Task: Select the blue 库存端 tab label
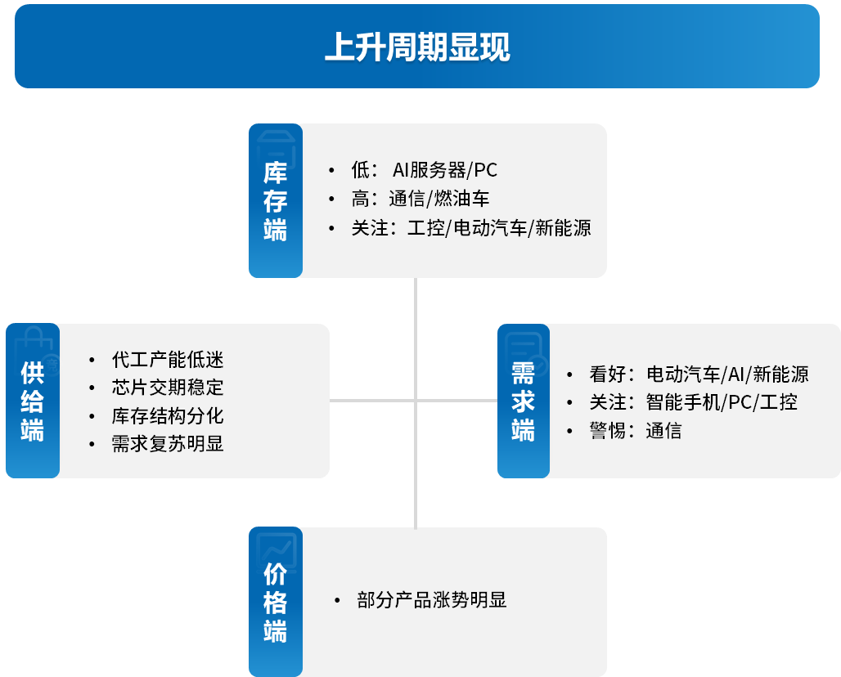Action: pyautogui.click(x=275, y=201)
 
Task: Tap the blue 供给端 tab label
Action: pyautogui.click(x=32, y=402)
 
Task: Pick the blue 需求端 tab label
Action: pyautogui.click(x=523, y=402)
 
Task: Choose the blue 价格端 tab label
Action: pyautogui.click(x=275, y=603)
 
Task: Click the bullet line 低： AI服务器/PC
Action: pyautogui.click(x=424, y=170)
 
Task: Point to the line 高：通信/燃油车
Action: pyautogui.click(x=420, y=199)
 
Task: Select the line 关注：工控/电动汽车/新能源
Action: pyautogui.click(x=470, y=227)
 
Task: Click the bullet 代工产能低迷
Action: pyautogui.click(x=168, y=360)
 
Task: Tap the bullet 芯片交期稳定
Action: pyautogui.click(x=168, y=388)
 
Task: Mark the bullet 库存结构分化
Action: pyautogui.click(x=168, y=416)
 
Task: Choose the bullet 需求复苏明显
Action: pyautogui.click(x=168, y=444)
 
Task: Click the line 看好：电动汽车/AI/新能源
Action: pyautogui.click(x=699, y=374)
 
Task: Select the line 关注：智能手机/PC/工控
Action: pyautogui.click(x=693, y=402)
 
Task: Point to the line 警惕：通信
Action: pyautogui.click(x=635, y=431)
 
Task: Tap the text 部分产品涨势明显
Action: pyautogui.click(x=432, y=600)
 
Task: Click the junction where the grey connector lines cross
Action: pyautogui.click(x=416, y=401)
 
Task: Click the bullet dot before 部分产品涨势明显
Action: pyautogui.click(x=337, y=601)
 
